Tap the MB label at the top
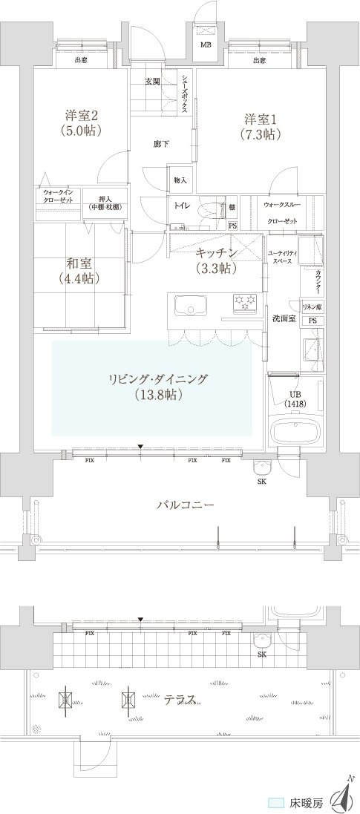click(206, 43)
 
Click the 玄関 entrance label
click(153, 81)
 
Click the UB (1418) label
click(295, 398)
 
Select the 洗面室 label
click(283, 318)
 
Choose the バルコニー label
click(185, 504)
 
